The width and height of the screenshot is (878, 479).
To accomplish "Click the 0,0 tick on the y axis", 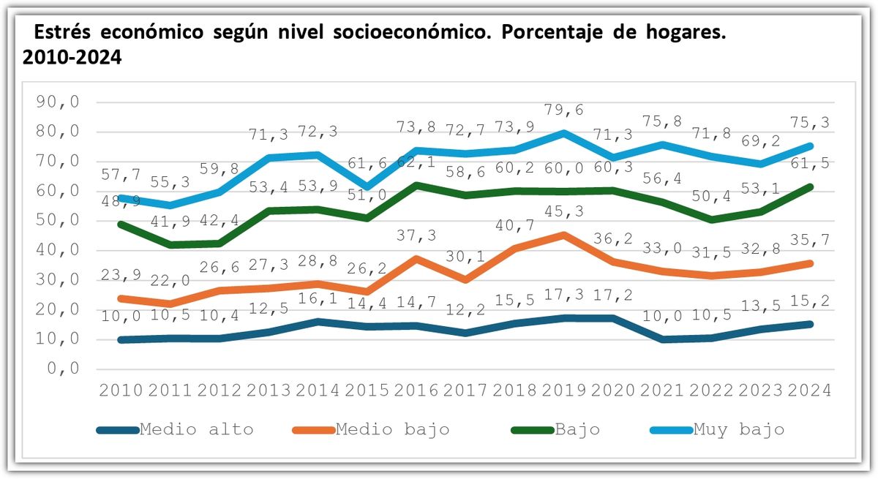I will (64, 369).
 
